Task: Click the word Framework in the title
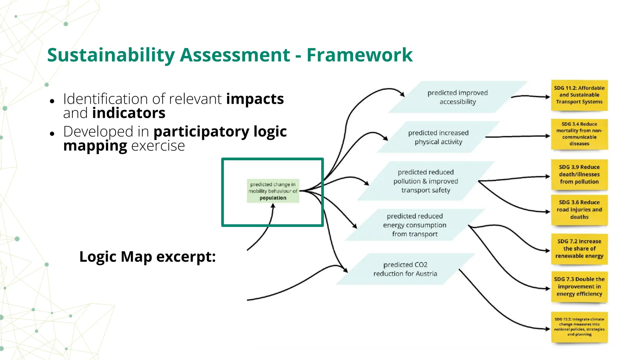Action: (x=359, y=55)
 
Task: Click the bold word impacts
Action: (x=255, y=99)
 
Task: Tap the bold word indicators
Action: (x=128, y=113)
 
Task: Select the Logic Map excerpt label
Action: (x=147, y=257)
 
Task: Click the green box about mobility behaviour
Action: (x=273, y=191)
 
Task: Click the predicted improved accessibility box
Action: (x=457, y=97)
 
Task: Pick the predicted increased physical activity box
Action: (x=438, y=137)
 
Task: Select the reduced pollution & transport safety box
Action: (x=426, y=181)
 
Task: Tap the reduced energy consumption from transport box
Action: (x=415, y=225)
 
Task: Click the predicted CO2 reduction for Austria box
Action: (x=405, y=269)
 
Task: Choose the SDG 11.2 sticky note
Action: (x=579, y=95)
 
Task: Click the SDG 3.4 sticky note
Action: (x=579, y=134)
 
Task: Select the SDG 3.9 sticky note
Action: (x=579, y=174)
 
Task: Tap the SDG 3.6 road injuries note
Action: (x=579, y=210)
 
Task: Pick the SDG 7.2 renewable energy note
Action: (x=579, y=249)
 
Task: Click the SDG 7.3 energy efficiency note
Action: (x=579, y=287)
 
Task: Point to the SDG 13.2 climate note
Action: (x=579, y=327)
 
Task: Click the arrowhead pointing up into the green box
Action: (x=273, y=206)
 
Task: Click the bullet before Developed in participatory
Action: (x=52, y=133)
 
